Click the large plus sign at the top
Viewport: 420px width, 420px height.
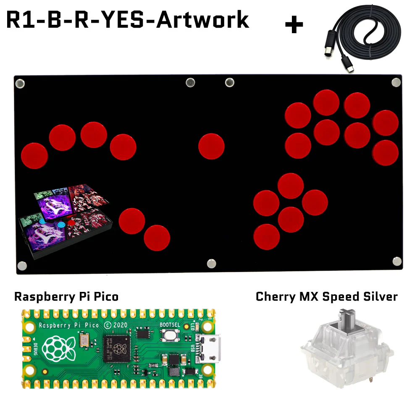tap(294, 25)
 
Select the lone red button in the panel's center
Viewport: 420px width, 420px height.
tap(211, 146)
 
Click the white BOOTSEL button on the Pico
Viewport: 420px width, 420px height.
tap(170, 336)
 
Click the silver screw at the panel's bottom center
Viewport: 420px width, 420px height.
tap(211, 263)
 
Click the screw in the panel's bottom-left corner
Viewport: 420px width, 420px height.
tap(22, 265)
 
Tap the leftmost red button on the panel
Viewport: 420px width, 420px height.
tap(34, 155)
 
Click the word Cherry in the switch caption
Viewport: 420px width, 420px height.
tap(276, 297)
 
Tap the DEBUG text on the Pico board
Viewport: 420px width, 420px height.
tap(34, 349)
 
